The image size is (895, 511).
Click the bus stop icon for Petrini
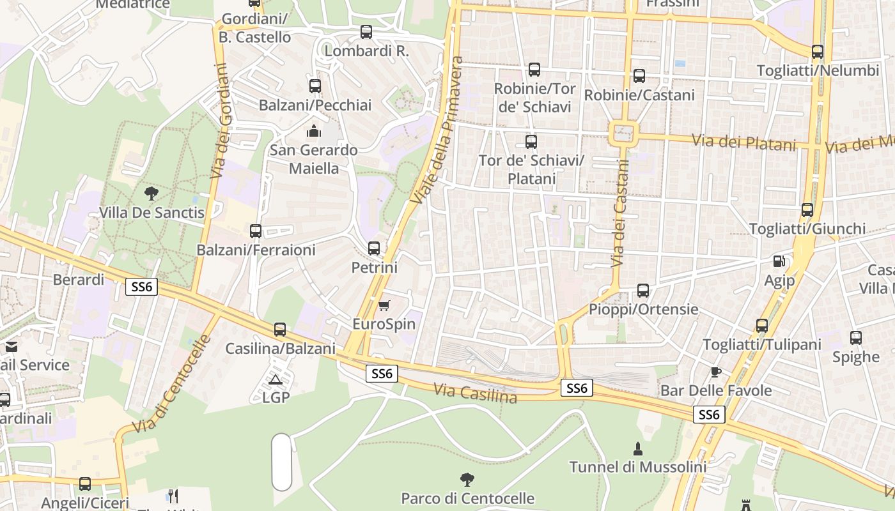pyautogui.click(x=374, y=248)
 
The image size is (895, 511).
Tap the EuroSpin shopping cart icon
pyautogui.click(x=384, y=305)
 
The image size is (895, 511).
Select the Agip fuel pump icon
pyautogui.click(x=779, y=261)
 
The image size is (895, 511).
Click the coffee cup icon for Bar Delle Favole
pyautogui.click(x=715, y=372)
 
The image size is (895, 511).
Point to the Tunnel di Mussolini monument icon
pyautogui.click(x=637, y=448)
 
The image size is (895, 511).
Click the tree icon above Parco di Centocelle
pyautogui.click(x=467, y=479)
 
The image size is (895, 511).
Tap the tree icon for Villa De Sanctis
pyautogui.click(x=152, y=193)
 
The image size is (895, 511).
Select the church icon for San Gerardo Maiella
pyautogui.click(x=313, y=132)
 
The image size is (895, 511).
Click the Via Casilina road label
pyautogui.click(x=475, y=393)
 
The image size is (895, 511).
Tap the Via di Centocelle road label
pyautogui.click(x=171, y=383)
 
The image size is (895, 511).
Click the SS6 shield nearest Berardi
pyautogui.click(x=141, y=287)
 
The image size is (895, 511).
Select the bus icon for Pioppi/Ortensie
pyautogui.click(x=643, y=291)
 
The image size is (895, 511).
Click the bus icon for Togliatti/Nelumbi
pyautogui.click(x=817, y=52)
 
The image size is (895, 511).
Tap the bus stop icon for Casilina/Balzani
pyautogui.click(x=280, y=330)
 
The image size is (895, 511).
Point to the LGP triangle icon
pyautogui.click(x=276, y=379)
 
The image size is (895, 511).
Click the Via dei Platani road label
pyautogui.click(x=744, y=142)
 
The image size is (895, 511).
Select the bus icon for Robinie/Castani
pyautogui.click(x=639, y=76)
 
